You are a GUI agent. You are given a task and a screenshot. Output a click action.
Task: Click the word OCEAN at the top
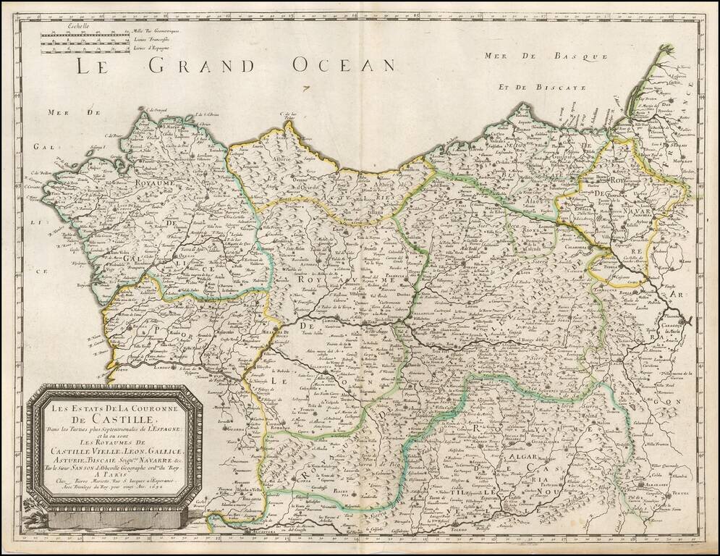point(343,65)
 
